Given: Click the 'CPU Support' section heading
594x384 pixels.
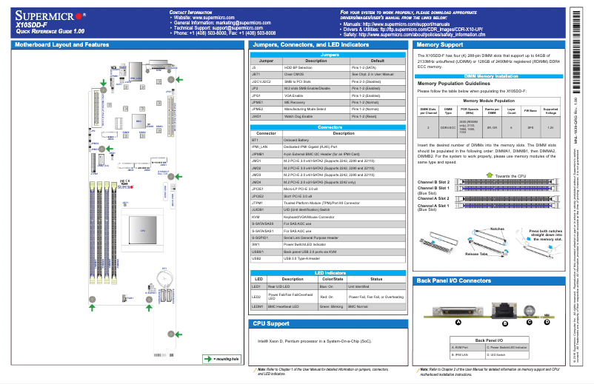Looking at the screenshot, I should [x=270, y=324].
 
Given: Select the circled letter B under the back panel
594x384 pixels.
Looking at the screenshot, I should [x=504, y=323].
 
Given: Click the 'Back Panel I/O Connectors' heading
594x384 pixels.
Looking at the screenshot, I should [x=453, y=281].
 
